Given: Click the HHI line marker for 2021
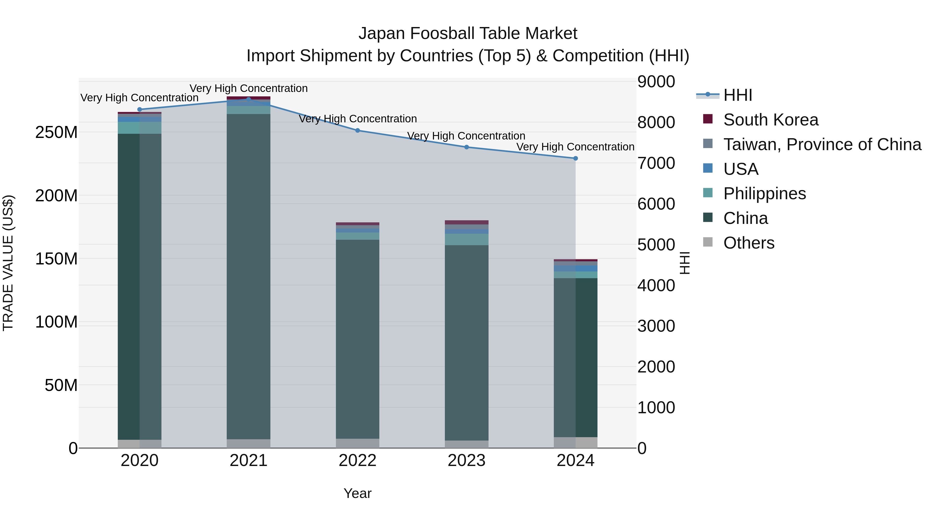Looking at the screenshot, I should point(249,99).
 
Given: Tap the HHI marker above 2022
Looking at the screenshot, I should point(357,130).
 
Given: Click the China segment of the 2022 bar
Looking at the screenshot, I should point(357,338).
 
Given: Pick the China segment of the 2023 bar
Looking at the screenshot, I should point(466,341).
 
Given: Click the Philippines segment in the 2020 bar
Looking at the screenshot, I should point(140,128).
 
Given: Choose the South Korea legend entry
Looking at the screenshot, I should point(770,120).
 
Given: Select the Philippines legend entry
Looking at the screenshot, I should point(764,194).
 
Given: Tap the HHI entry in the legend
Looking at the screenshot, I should point(737,95).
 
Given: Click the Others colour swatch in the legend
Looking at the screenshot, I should point(708,242).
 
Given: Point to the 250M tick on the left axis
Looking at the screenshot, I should point(56,132).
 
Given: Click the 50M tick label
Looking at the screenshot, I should point(61,385).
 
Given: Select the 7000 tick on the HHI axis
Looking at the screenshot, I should point(656,163).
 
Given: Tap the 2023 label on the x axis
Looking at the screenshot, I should point(466,461).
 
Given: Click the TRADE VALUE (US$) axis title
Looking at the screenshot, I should point(8,263).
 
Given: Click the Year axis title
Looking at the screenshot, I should point(357,493).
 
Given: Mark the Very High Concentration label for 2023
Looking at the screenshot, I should point(466,136).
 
